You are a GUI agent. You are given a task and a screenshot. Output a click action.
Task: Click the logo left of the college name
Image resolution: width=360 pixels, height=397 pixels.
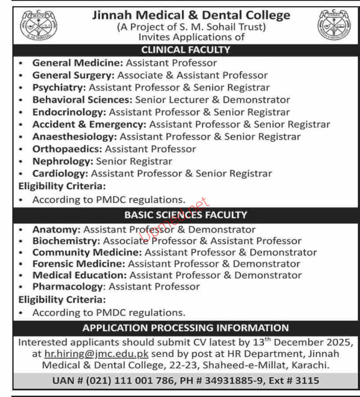(x=32, y=25)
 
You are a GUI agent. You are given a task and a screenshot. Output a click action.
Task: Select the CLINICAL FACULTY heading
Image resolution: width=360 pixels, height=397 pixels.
(x=186, y=50)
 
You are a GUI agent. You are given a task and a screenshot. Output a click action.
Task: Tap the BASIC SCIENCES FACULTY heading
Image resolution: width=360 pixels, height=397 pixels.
(x=186, y=215)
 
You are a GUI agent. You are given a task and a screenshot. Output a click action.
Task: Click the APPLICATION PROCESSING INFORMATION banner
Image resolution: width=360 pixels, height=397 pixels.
(x=186, y=328)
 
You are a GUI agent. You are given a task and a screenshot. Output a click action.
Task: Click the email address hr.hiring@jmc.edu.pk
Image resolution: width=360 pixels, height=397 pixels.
(x=96, y=354)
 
